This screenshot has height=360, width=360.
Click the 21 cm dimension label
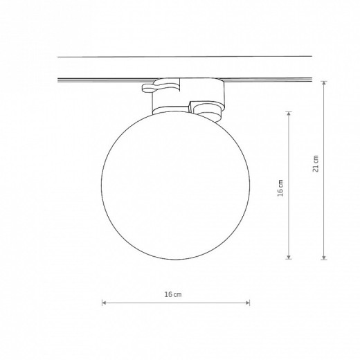click(316, 163)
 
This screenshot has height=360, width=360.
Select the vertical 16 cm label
click(280, 188)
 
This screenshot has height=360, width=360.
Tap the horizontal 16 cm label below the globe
click(173, 294)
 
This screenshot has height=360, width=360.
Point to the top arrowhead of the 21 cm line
click(324, 83)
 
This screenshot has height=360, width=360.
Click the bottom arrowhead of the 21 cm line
click(324, 258)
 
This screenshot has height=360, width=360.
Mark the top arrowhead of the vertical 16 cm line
click(289, 114)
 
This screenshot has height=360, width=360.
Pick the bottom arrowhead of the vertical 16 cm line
click(289, 257)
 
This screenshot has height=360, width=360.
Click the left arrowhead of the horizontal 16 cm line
click(104, 303)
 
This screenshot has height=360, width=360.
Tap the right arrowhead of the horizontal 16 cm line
click(248, 303)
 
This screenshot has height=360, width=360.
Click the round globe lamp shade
click(176, 186)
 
